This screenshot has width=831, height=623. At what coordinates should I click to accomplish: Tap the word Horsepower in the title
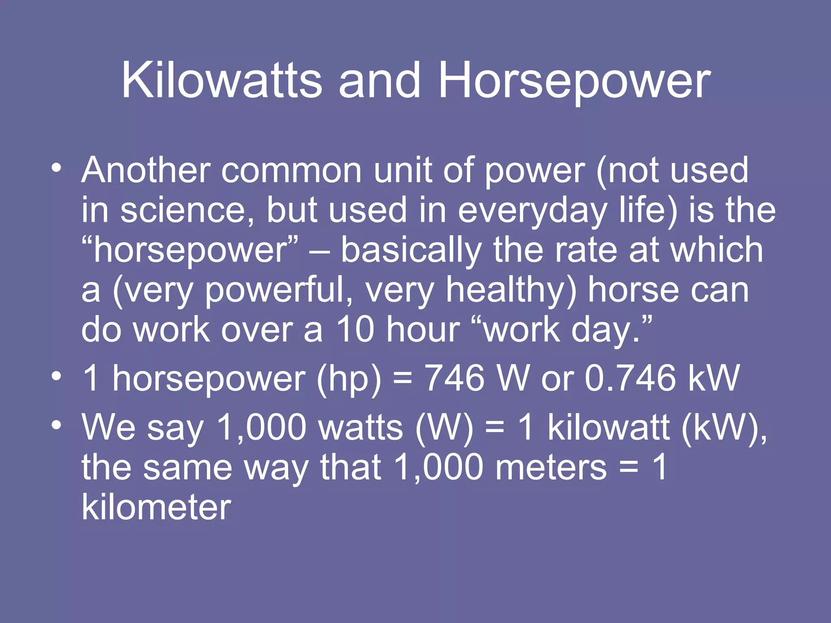pos(574,81)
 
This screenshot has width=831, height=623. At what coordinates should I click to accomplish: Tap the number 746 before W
pos(455,378)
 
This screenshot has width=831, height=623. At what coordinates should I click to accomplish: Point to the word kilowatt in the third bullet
pos(608,428)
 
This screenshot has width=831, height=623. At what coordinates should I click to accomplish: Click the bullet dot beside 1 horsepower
pos(56,375)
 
